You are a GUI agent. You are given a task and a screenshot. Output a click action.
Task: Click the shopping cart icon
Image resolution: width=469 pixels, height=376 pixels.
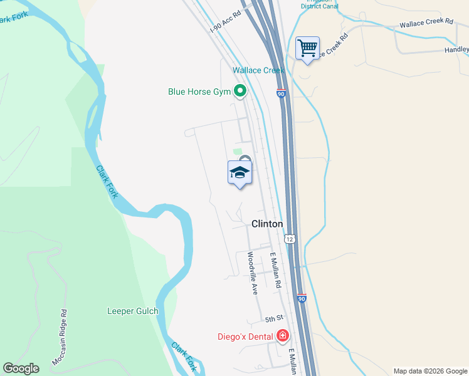307,48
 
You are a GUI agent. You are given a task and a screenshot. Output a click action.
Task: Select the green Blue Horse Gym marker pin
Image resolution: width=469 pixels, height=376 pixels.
240,92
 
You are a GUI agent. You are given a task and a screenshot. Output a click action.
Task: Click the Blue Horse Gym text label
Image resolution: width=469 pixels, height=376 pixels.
199,92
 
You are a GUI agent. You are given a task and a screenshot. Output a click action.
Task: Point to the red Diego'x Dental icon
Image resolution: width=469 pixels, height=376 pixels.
283,337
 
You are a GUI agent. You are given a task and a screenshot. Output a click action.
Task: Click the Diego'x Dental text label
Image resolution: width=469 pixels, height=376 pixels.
245,337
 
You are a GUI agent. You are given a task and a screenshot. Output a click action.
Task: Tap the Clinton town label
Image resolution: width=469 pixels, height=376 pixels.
267,224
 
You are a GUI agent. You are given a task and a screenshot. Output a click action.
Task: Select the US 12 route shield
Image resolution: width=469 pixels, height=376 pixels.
289,239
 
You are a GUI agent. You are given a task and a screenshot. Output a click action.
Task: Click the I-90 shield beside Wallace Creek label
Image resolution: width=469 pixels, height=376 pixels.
282,93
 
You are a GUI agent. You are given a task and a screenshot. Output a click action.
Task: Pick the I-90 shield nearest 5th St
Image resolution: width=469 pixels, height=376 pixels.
302,299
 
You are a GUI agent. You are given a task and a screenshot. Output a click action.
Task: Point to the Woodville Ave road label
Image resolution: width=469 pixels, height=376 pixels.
252,273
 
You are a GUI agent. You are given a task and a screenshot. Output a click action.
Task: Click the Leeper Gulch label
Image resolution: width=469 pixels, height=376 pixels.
133,311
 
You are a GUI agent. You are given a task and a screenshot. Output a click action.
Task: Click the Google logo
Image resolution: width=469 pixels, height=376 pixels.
21,368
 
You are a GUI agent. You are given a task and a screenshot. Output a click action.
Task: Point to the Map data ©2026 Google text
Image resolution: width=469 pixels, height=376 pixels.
430,371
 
